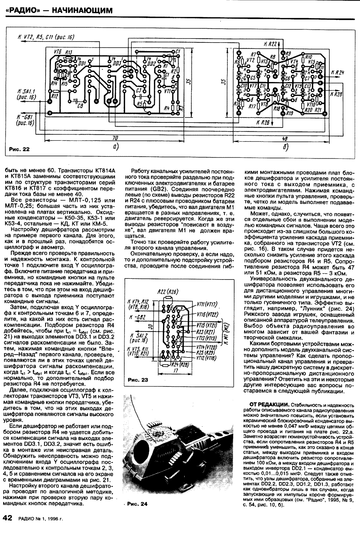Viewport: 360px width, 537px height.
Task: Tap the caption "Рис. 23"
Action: tap(138, 380)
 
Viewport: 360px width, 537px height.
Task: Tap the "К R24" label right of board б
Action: tap(337, 73)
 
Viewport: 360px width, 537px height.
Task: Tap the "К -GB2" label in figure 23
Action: tap(138, 318)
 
